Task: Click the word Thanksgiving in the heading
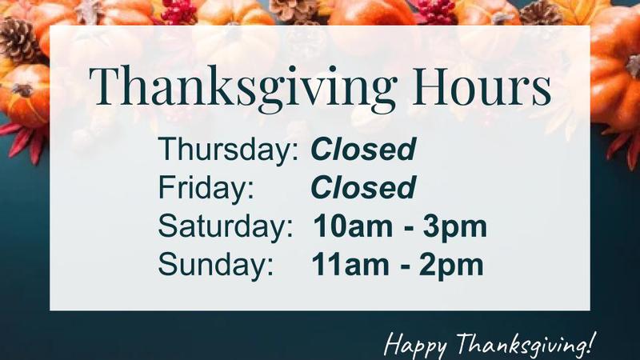click(x=242, y=88)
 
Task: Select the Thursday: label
click(x=229, y=150)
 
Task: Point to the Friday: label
click(x=206, y=187)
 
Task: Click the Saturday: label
click(x=226, y=226)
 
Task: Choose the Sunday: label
click(x=215, y=264)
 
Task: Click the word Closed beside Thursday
click(x=363, y=149)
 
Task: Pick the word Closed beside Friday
click(x=363, y=188)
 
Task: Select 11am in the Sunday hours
click(x=350, y=265)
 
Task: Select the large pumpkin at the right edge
click(x=615, y=66)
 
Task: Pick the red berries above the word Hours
click(x=435, y=12)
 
